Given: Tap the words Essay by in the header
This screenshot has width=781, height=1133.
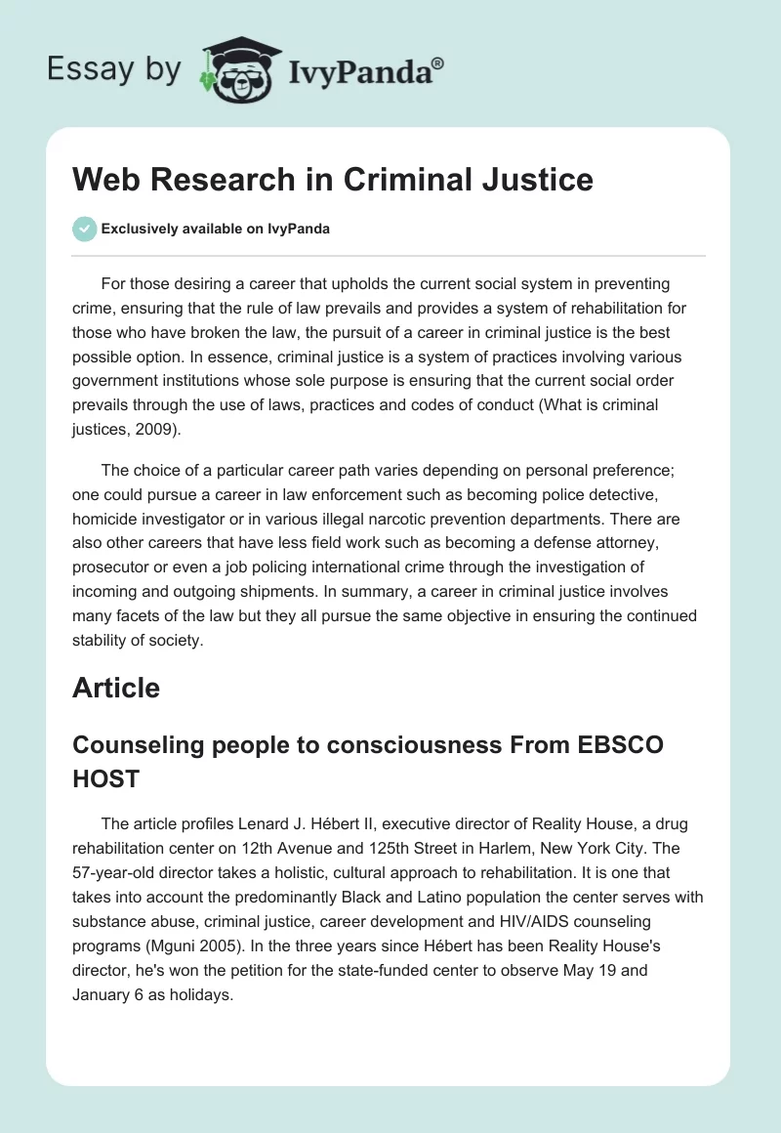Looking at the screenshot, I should point(113,69).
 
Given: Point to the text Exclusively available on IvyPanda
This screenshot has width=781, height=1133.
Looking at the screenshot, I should point(217,229).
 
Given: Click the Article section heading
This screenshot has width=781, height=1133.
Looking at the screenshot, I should point(116,688).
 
